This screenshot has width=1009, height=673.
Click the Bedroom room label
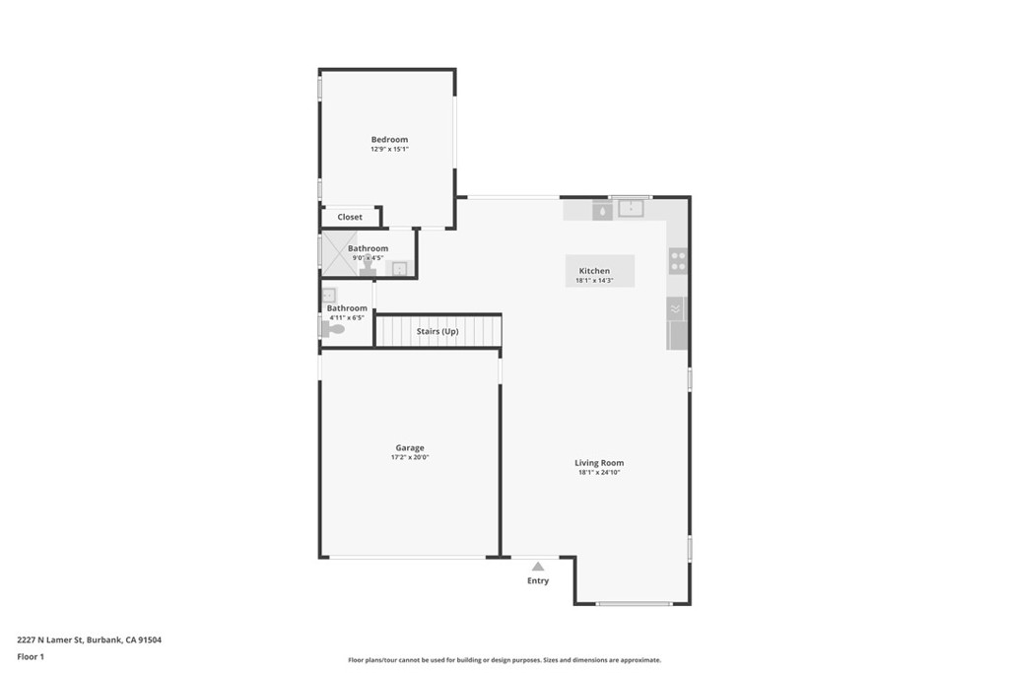click(x=389, y=140)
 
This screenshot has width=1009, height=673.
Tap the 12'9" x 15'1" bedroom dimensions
click(x=389, y=150)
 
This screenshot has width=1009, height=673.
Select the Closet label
click(x=350, y=217)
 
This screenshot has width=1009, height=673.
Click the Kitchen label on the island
click(x=594, y=271)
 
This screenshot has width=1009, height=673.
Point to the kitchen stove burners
click(x=678, y=261)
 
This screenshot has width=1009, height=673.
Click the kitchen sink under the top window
click(x=631, y=208)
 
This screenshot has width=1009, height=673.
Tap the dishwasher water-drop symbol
click(x=602, y=211)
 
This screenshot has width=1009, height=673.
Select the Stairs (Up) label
click(x=437, y=331)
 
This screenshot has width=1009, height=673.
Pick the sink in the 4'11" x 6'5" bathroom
click(x=329, y=295)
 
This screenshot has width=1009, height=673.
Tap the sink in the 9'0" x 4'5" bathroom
click(x=400, y=268)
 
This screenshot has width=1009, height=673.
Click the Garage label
click(x=410, y=448)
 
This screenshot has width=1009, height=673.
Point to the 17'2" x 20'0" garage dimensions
click(x=410, y=458)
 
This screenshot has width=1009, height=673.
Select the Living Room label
click(x=599, y=463)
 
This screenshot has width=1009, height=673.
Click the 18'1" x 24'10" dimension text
click(x=599, y=473)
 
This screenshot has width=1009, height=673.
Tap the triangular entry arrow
click(x=538, y=567)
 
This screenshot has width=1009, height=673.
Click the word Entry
click(x=538, y=581)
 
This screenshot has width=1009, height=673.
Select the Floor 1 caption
click(x=31, y=656)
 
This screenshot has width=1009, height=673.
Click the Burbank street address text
click(x=89, y=639)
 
